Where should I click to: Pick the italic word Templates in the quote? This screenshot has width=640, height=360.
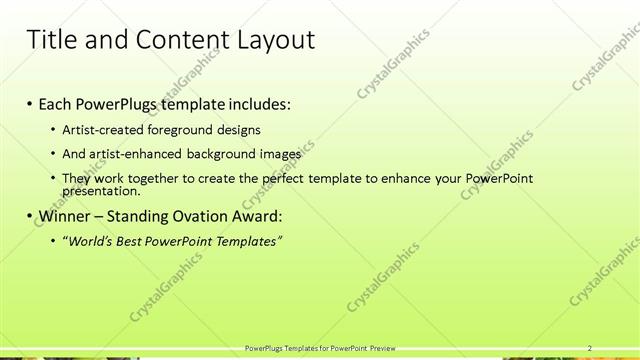point(250,241)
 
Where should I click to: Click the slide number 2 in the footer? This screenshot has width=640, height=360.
point(590,348)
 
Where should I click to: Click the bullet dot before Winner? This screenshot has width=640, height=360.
point(29,216)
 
